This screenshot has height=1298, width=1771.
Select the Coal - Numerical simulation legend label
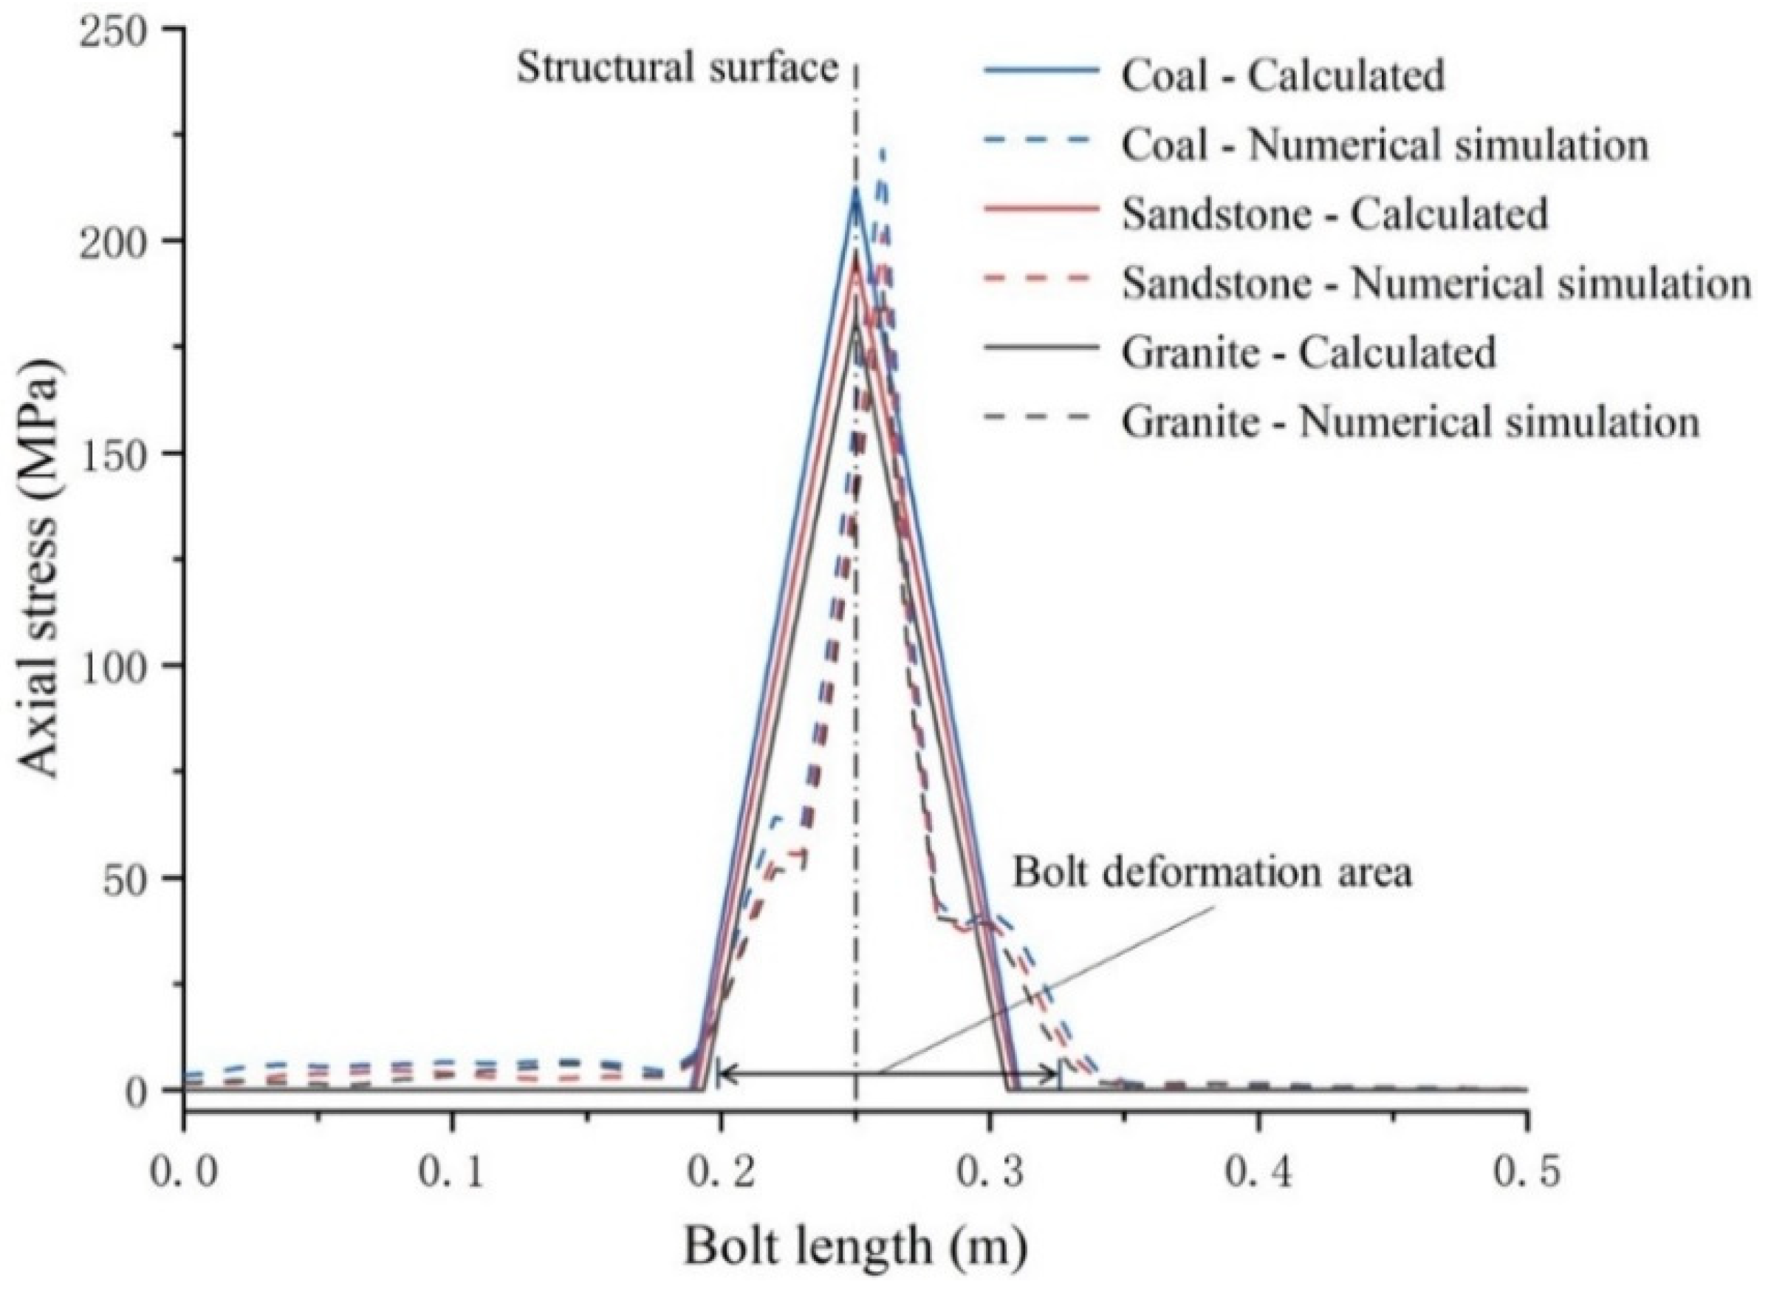(x=1385, y=146)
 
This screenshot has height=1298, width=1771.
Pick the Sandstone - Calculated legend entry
(x=1335, y=214)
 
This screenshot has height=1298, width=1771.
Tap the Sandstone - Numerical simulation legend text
(x=1436, y=284)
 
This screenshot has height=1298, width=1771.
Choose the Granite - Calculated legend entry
(x=1309, y=353)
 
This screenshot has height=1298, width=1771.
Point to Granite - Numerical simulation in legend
(x=1410, y=422)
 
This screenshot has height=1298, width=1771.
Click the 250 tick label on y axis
(x=123, y=29)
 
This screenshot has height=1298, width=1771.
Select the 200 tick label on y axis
(x=123, y=242)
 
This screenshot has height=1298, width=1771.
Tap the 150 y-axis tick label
(x=123, y=454)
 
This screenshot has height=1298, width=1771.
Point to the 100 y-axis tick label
(x=123, y=666)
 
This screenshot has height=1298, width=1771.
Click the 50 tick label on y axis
(x=134, y=878)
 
